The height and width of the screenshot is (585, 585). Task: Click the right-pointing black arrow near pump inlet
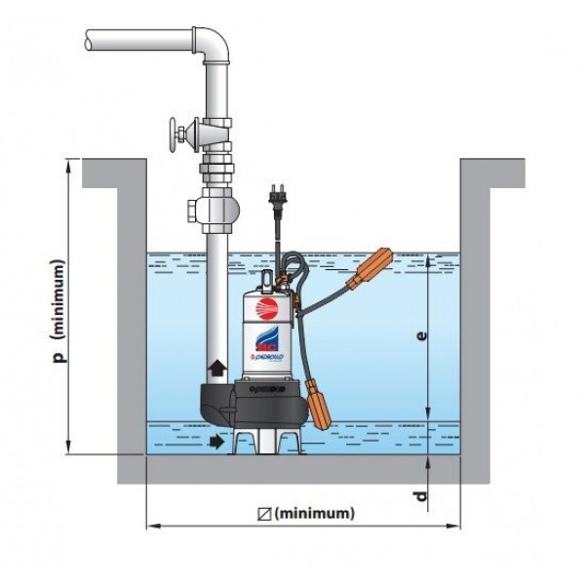pyautogui.click(x=214, y=442)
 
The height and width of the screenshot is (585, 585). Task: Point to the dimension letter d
pyautogui.click(x=421, y=497)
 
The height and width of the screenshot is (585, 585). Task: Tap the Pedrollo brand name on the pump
pyautogui.click(x=268, y=357)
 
